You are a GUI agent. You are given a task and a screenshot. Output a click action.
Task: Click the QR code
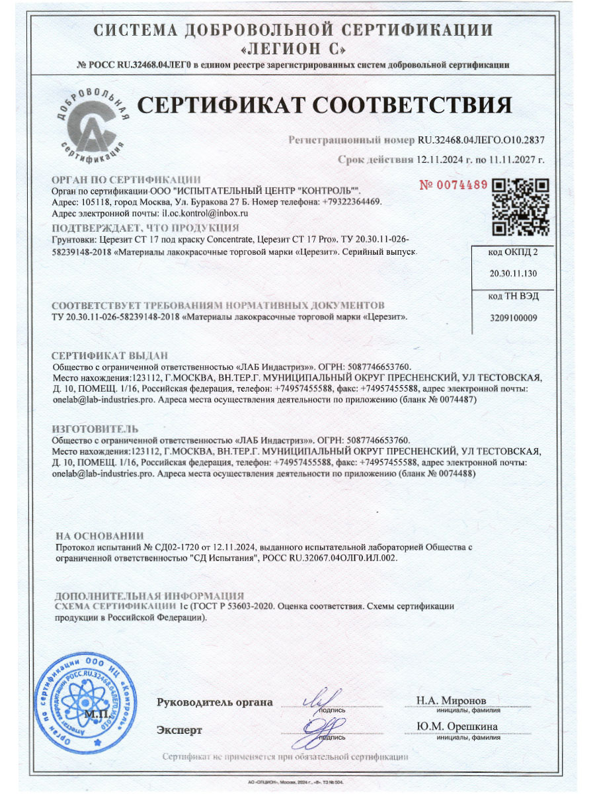(x=522, y=207)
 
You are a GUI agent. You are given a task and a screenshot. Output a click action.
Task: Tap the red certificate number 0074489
(x=454, y=185)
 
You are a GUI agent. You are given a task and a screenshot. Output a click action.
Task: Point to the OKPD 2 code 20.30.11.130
(x=513, y=273)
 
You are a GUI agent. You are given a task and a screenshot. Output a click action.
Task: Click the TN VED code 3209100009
(x=513, y=318)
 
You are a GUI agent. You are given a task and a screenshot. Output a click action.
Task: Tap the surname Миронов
(x=463, y=700)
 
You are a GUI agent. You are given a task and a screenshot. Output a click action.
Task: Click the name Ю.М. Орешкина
(x=457, y=727)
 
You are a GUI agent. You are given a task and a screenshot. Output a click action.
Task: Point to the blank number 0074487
(x=456, y=400)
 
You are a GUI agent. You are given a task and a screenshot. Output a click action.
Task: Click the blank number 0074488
(x=456, y=474)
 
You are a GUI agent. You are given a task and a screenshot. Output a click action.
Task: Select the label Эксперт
(x=179, y=730)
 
